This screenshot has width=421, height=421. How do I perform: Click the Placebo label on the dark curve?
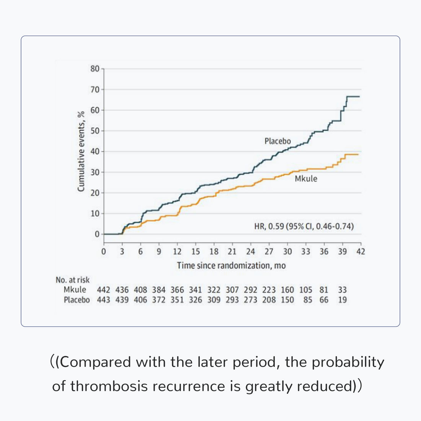coord(277,141)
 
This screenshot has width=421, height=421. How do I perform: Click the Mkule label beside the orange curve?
coord(306,178)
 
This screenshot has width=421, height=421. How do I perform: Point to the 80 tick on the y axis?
coord(95,69)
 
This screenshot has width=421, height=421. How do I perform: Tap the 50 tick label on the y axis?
coord(95,131)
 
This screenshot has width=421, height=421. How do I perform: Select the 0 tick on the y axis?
coord(97,234)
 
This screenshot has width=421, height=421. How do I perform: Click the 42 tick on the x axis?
coord(361,251)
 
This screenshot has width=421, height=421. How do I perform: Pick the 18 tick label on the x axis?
coord(214,251)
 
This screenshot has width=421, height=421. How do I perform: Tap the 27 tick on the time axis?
coord(269,251)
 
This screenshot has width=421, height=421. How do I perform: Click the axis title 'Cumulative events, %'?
coord(81,152)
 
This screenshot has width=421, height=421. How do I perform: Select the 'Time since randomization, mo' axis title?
coord(231,266)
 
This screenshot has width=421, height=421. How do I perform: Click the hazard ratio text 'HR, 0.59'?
coord(269,227)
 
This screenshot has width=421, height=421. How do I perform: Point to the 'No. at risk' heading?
coord(73,280)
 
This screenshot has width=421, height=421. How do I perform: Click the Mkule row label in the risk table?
coord(75,290)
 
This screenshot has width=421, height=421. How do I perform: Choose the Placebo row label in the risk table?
coord(77,300)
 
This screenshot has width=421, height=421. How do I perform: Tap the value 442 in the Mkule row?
coord(103,290)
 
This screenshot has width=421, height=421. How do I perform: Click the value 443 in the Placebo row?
coord(103,300)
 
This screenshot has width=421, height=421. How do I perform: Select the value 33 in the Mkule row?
coord(342,290)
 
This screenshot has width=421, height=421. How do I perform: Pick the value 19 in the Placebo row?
coord(342,300)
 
